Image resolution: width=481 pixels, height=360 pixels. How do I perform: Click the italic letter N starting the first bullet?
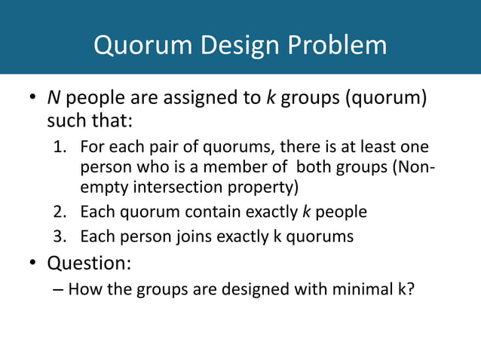click(54, 99)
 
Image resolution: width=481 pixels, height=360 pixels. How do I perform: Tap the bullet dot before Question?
click(33, 264)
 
